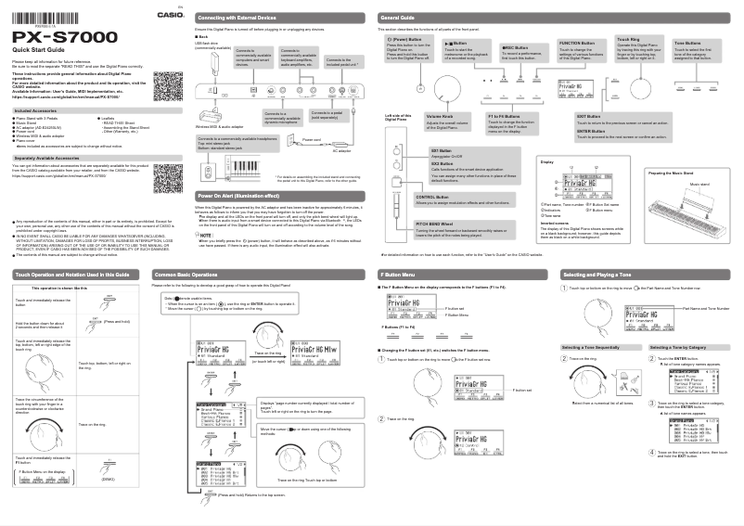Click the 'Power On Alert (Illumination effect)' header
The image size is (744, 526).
(239, 197)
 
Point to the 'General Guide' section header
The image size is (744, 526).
(398, 18)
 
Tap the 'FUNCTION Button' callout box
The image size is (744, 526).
(582, 51)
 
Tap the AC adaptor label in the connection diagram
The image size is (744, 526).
(342, 150)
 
